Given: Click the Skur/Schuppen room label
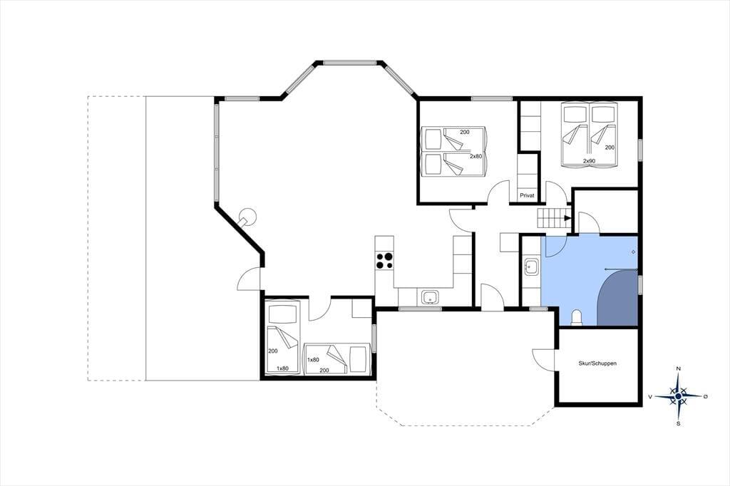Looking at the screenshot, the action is pyautogui.click(x=597, y=363).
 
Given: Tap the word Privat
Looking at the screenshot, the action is pyautogui.click(x=527, y=195).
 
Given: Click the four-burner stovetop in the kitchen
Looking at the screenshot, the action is pyautogui.click(x=384, y=260).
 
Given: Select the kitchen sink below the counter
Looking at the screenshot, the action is pyautogui.click(x=430, y=297).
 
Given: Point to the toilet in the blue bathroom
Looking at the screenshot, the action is pyautogui.click(x=576, y=318).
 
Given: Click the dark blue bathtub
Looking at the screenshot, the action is pyautogui.click(x=617, y=298).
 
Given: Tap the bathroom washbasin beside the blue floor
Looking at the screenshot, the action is pyautogui.click(x=531, y=267).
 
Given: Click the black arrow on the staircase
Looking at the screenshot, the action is pyautogui.click(x=567, y=218).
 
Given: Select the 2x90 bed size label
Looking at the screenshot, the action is pyautogui.click(x=589, y=161).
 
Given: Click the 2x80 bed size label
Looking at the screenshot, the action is pyautogui.click(x=475, y=156).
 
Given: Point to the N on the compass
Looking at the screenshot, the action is pyautogui.click(x=679, y=368).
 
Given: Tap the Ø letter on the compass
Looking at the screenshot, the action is pyautogui.click(x=705, y=396).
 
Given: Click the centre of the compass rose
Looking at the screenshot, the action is pyautogui.click(x=679, y=396).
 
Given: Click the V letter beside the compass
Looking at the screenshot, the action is pyautogui.click(x=650, y=397).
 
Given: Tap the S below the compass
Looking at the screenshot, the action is pyautogui.click(x=679, y=423).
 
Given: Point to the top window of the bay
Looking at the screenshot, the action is pyautogui.click(x=349, y=62).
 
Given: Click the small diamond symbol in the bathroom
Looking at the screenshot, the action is pyautogui.click(x=633, y=252).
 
